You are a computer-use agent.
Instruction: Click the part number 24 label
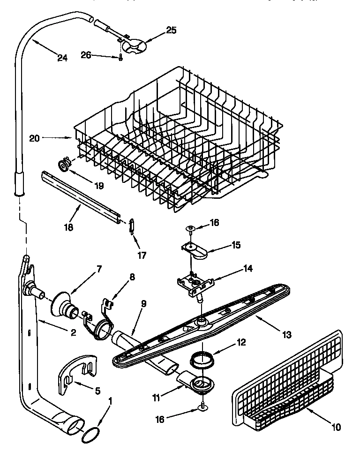point(62,58)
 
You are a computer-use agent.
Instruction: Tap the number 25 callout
point(172,30)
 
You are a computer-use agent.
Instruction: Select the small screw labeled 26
point(120,58)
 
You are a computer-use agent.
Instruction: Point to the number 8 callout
point(133,277)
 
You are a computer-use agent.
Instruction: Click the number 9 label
point(144,303)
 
